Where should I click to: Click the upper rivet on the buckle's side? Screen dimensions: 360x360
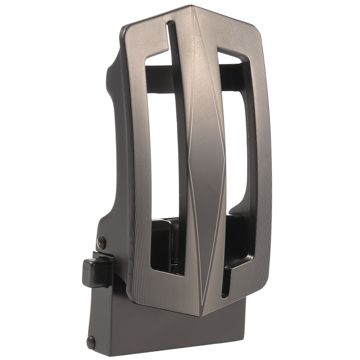(101, 242)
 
